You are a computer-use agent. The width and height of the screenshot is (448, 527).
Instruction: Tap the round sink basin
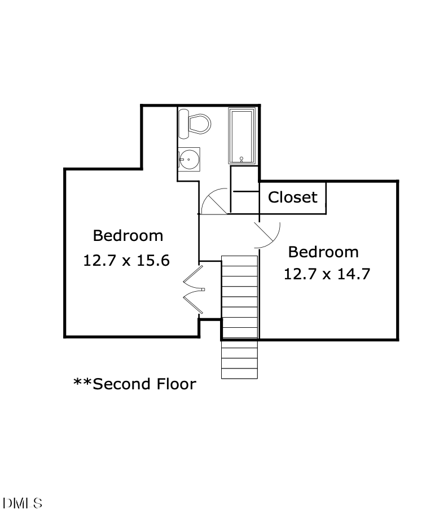tap(188, 160)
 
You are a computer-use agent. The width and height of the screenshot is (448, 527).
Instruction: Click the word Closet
tap(292, 197)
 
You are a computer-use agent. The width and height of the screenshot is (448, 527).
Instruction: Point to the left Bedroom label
tap(128, 235)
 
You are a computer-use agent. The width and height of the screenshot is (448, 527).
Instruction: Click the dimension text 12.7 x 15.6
tap(126, 261)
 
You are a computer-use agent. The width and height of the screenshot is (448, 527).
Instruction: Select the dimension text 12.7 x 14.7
tap(327, 274)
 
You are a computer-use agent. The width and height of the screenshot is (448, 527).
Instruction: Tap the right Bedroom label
tap(323, 252)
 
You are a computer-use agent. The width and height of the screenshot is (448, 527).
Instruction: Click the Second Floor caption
tap(135, 384)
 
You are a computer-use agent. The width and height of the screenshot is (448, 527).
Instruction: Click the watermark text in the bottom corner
tap(23, 503)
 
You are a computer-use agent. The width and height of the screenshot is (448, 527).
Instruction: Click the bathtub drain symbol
tap(242, 159)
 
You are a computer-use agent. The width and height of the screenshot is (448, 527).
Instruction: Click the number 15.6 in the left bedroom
tap(154, 261)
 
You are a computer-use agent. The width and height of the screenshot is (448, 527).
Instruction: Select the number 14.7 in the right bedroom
tap(354, 274)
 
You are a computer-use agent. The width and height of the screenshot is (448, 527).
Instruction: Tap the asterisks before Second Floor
tap(82, 383)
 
